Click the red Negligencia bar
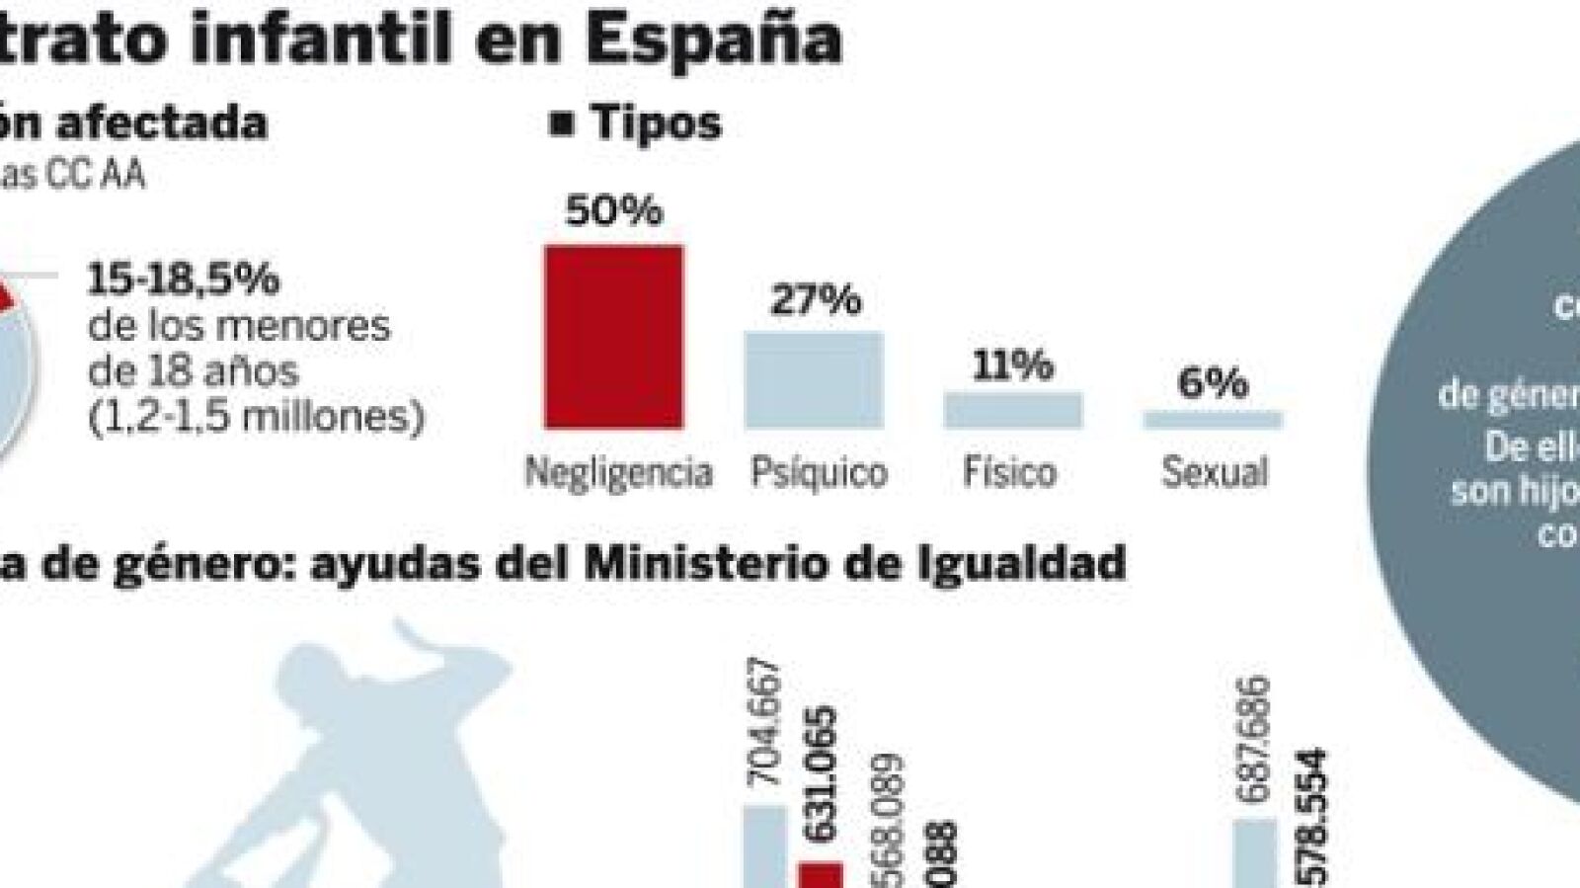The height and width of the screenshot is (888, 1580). point(613,337)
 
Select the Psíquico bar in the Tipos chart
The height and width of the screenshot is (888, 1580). point(813,380)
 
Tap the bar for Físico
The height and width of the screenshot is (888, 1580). point(1012,410)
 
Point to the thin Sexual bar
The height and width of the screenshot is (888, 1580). point(1213,420)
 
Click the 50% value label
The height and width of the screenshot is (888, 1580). point(613,210)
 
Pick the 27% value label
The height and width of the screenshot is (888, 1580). point(816,298)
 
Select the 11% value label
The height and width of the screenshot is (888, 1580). point(1012,365)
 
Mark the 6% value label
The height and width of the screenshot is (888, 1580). point(1212,382)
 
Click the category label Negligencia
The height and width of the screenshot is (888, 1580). point(618,472)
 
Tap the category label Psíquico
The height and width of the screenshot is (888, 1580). point(819,472)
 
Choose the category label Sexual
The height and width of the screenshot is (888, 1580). point(1214,472)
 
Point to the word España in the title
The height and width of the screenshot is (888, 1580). point(712,40)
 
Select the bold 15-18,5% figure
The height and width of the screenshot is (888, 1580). point(184,280)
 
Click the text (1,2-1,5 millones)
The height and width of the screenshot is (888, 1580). point(256,417)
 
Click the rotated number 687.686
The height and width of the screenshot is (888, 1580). point(1254,739)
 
